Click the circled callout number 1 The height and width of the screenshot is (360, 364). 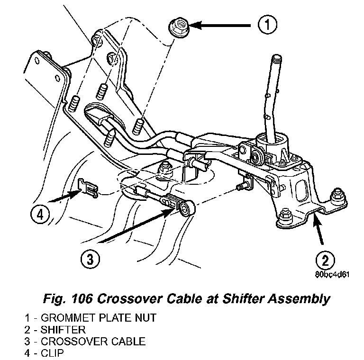click(x=268, y=25)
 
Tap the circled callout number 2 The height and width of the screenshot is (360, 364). click(x=326, y=260)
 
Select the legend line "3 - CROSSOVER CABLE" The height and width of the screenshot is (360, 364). click(x=85, y=342)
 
